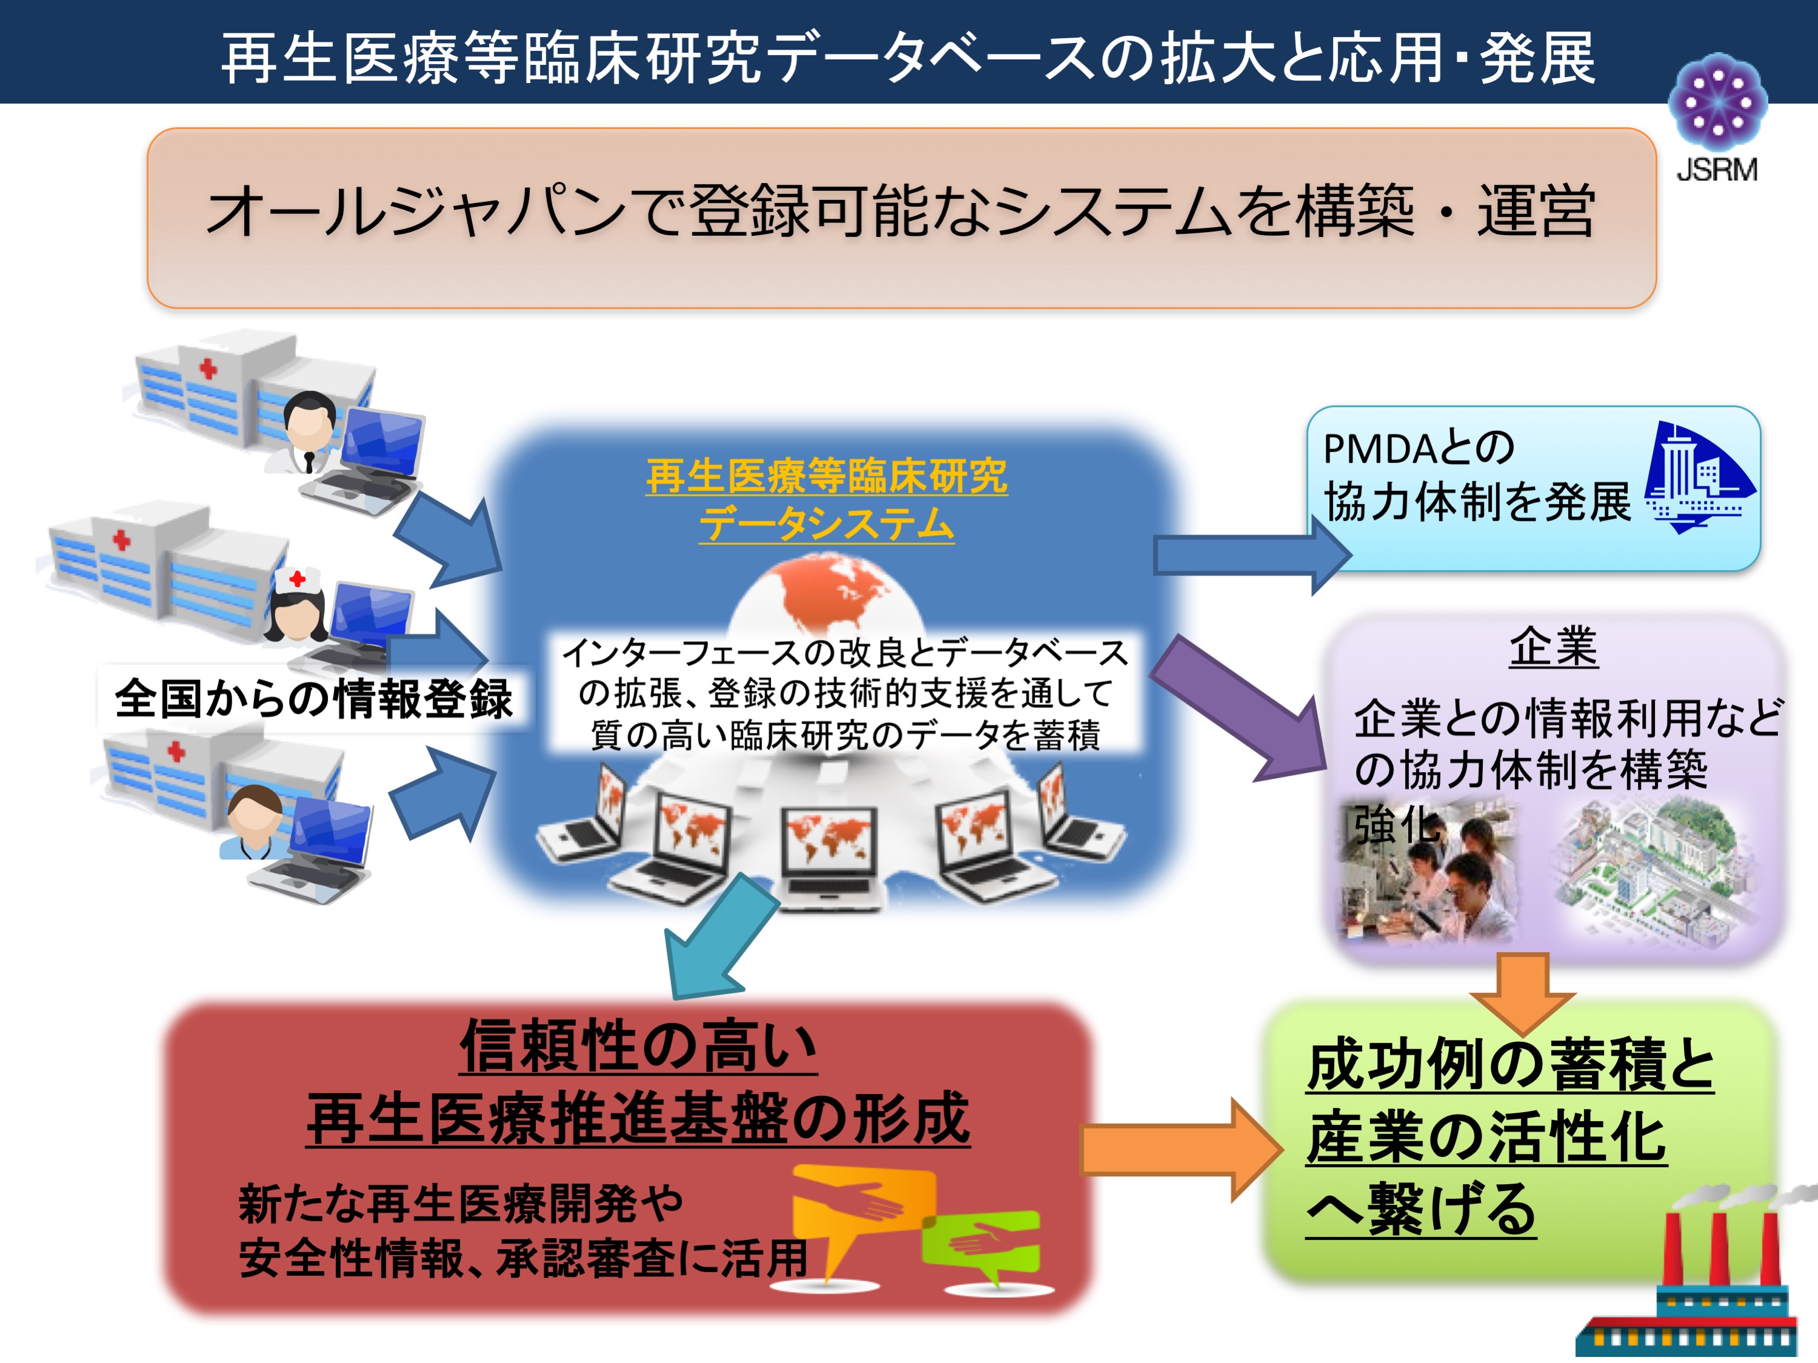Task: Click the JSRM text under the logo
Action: point(1717,170)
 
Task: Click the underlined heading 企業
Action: point(1553,647)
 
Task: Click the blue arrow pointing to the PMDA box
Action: point(1252,555)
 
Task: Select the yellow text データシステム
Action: point(827,524)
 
